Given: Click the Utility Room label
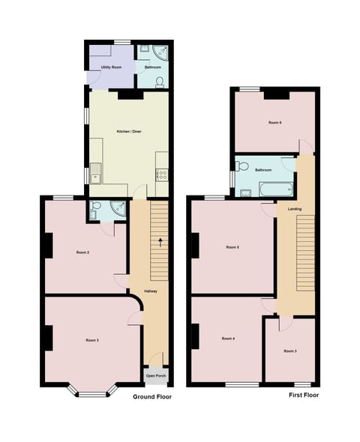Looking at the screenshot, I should click(101, 67).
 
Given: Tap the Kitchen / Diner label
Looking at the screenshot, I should click(129, 132).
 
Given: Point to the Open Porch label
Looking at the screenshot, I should click(156, 375).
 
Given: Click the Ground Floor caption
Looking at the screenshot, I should click(152, 396).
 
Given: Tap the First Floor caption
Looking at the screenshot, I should click(304, 394).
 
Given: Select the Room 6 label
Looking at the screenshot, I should click(274, 122).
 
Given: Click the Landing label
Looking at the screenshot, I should click(295, 208).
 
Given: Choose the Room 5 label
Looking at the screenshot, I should click(232, 246).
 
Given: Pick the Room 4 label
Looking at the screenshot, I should click(228, 339).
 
